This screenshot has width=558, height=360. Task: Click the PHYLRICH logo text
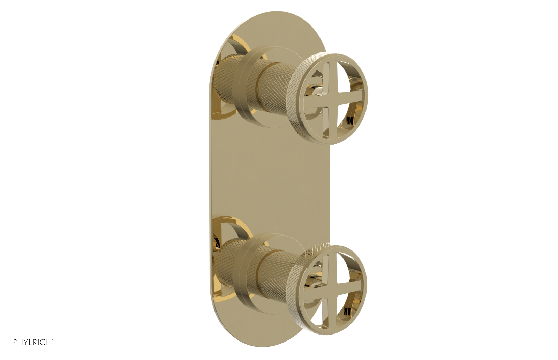(33, 342)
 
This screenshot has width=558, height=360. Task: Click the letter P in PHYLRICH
(15, 342)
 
